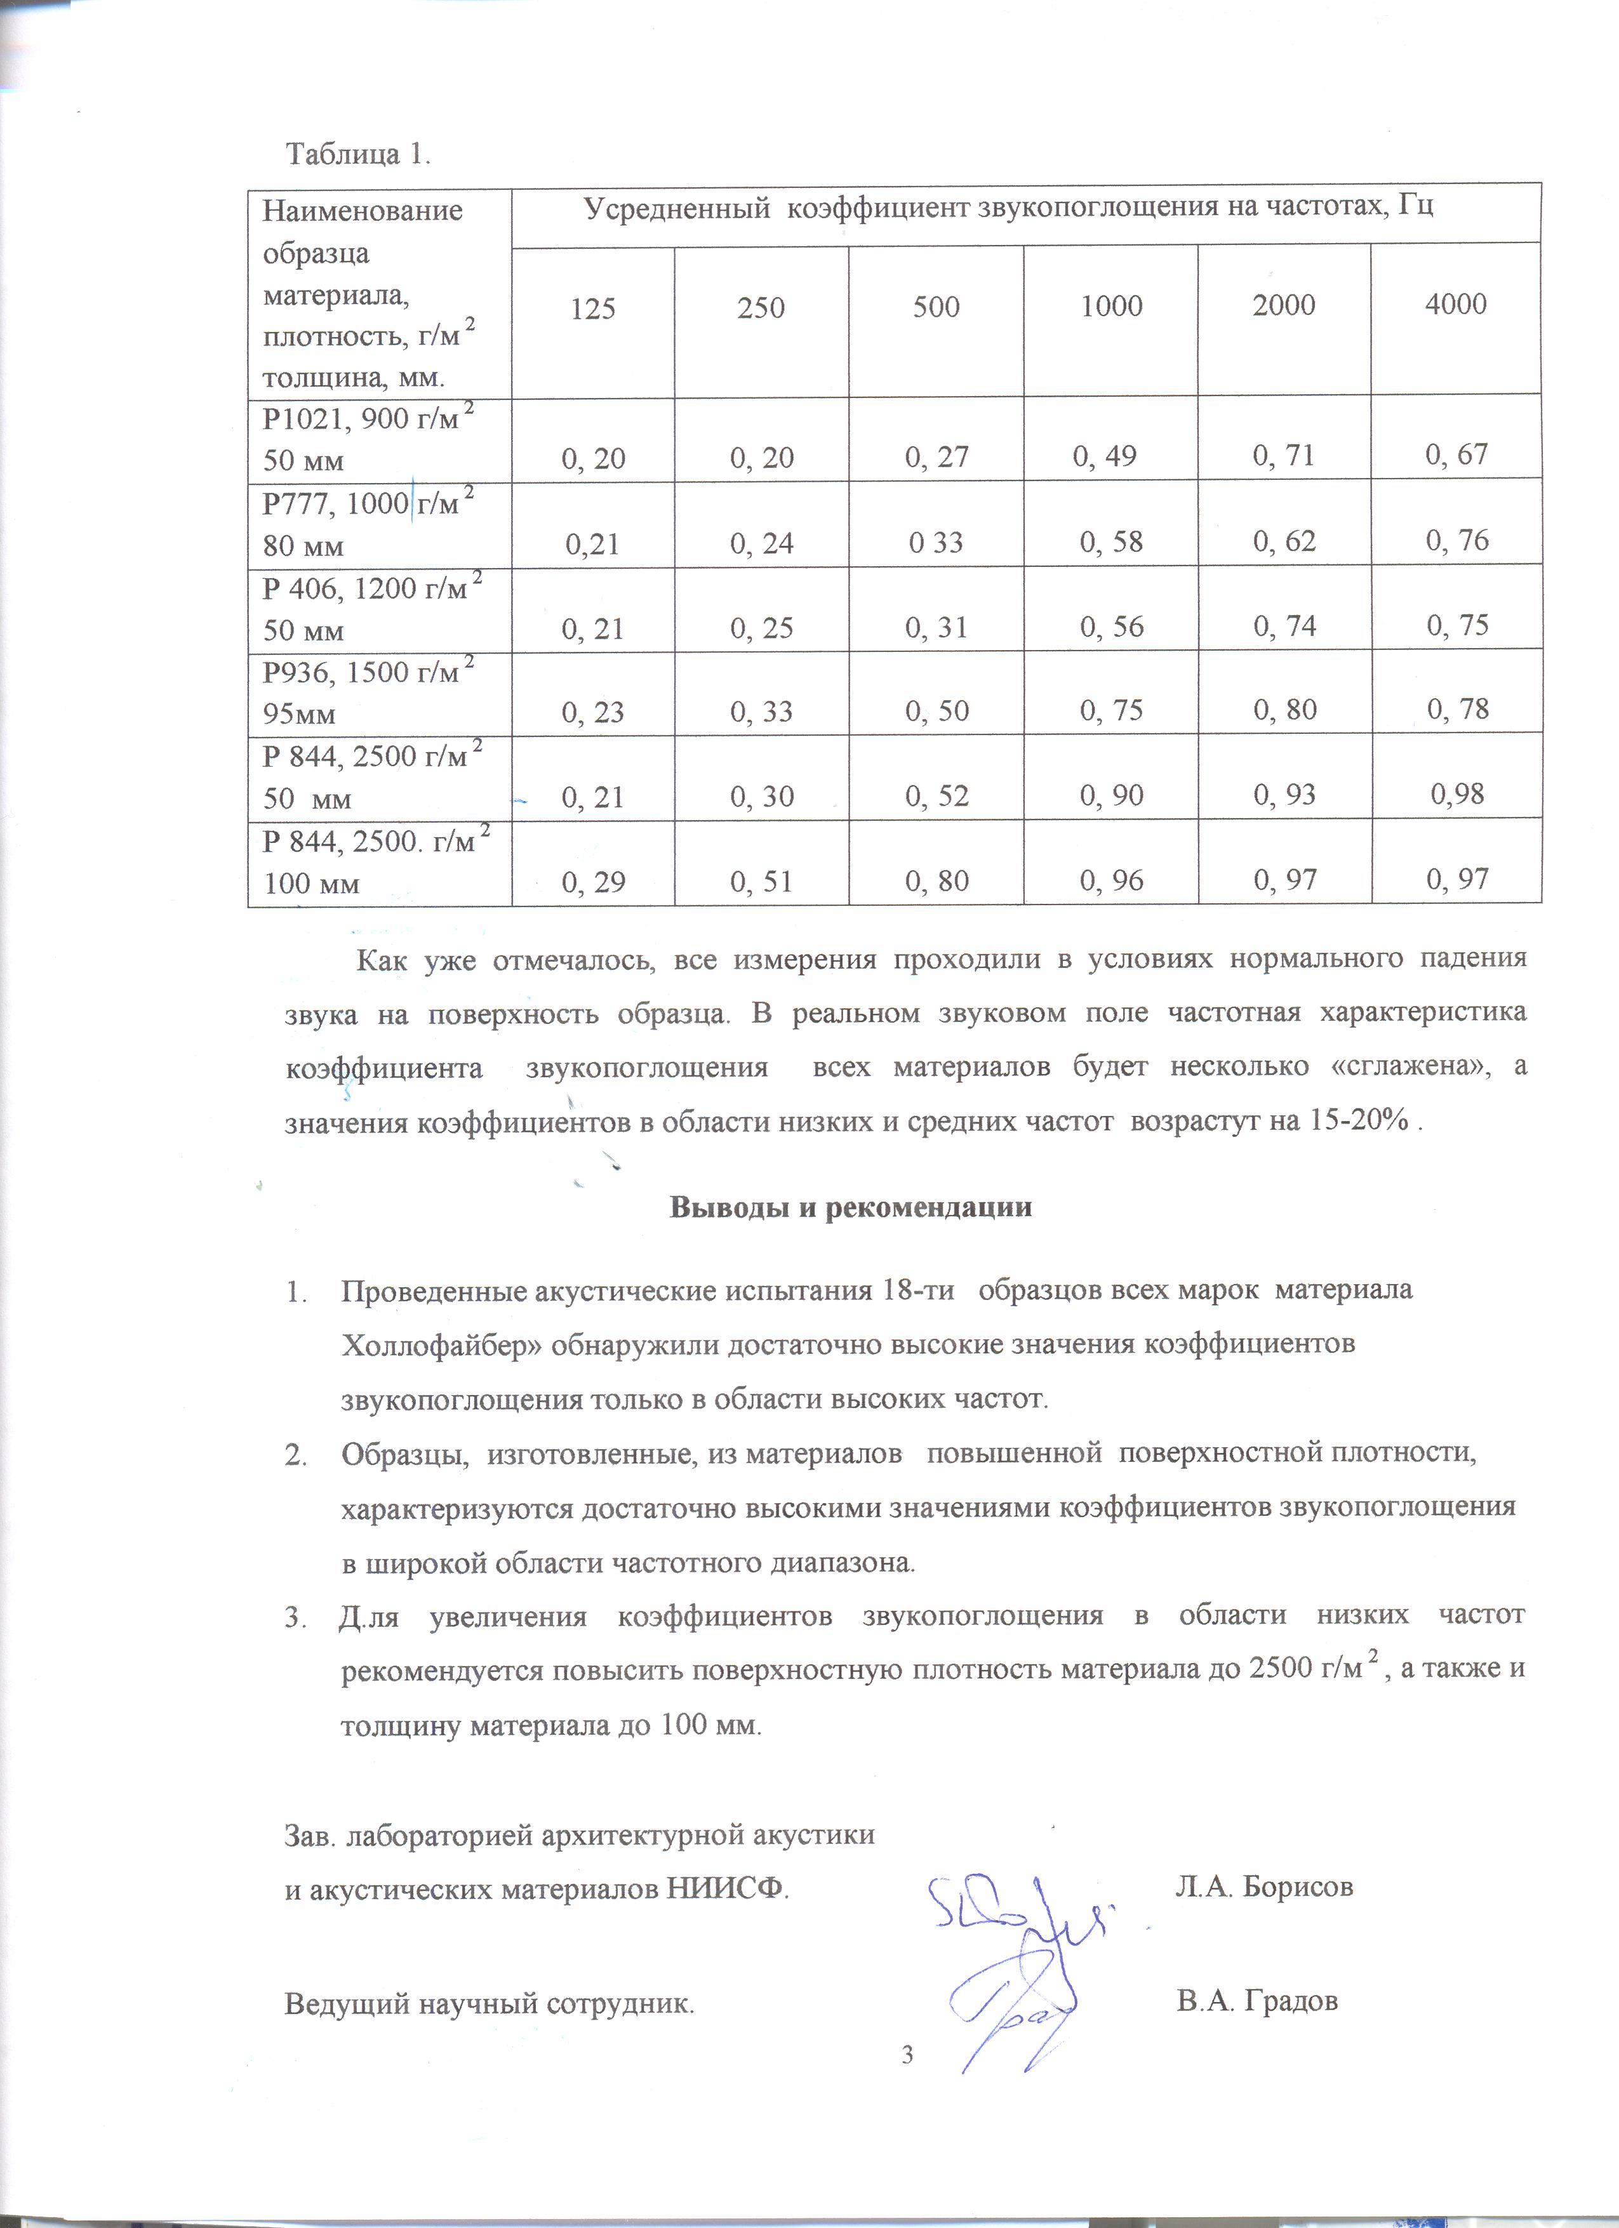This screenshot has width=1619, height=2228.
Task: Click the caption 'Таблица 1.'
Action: point(357,154)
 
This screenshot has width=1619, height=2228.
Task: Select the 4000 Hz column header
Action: point(1455,305)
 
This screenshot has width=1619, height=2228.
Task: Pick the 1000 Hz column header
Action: point(1111,307)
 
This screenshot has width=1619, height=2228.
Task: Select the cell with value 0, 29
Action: point(594,881)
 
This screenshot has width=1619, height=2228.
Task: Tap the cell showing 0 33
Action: point(936,542)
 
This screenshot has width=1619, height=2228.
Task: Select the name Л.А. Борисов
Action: point(1264,1886)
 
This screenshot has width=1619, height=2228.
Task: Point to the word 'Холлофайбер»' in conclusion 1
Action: point(441,1344)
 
